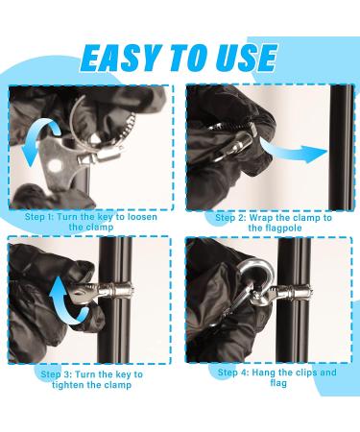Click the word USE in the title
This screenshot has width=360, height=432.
tap(244, 58)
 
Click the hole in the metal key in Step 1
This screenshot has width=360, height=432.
tap(55, 165)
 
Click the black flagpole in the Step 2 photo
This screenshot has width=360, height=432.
tap(342, 148)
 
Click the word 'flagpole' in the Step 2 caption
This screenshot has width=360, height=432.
tap(283, 228)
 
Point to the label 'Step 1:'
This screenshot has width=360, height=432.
tap(39, 217)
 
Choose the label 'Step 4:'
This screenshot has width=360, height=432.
tap(233, 372)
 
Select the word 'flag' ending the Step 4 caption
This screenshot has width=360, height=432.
tap(278, 383)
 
